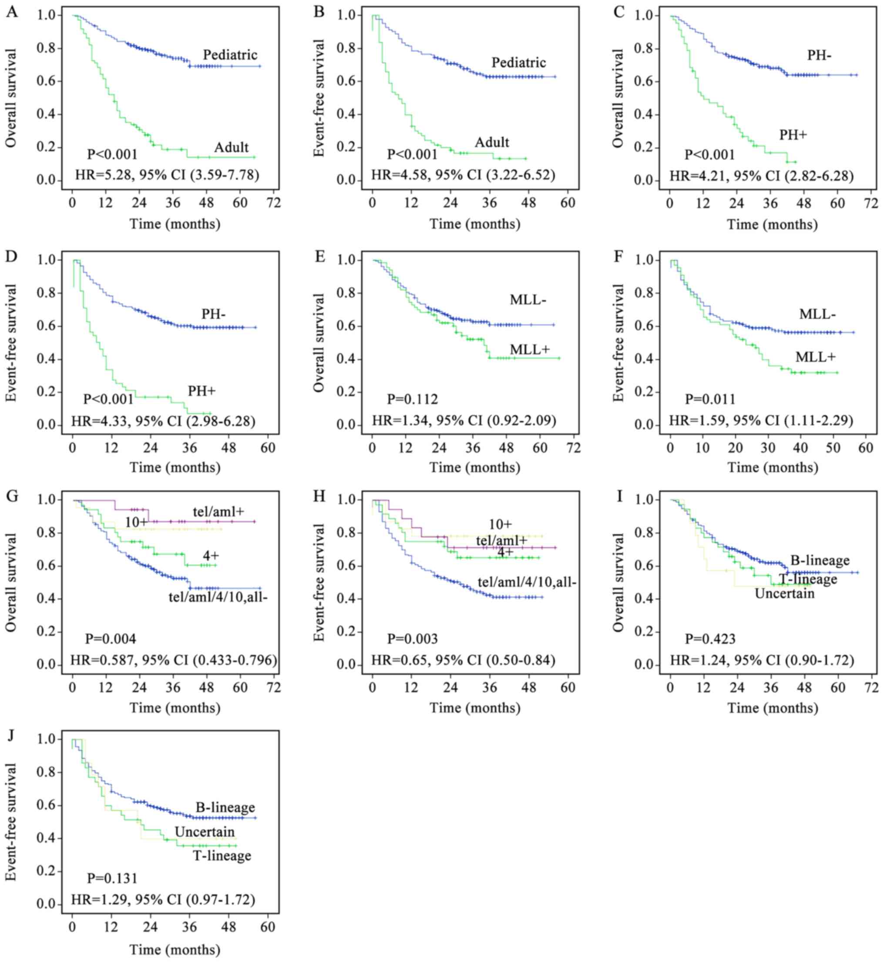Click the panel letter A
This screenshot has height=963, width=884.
[12, 12]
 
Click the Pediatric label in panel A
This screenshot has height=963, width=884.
[230, 55]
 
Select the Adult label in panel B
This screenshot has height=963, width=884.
[492, 142]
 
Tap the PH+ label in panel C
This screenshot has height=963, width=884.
[793, 135]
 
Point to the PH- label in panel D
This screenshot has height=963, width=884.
[213, 314]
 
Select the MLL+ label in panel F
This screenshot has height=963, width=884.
[816, 357]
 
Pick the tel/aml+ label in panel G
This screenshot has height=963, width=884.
[218, 512]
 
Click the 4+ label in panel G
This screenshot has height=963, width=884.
[211, 556]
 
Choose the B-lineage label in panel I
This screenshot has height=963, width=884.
[820, 560]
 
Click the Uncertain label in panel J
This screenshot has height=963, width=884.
[205, 832]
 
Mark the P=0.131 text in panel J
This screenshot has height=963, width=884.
[112, 879]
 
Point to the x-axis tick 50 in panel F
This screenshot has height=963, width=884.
[834, 448]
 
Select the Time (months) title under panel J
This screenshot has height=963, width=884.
[175, 949]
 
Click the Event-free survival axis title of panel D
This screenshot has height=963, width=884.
[11, 343]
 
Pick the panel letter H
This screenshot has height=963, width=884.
[319, 496]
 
